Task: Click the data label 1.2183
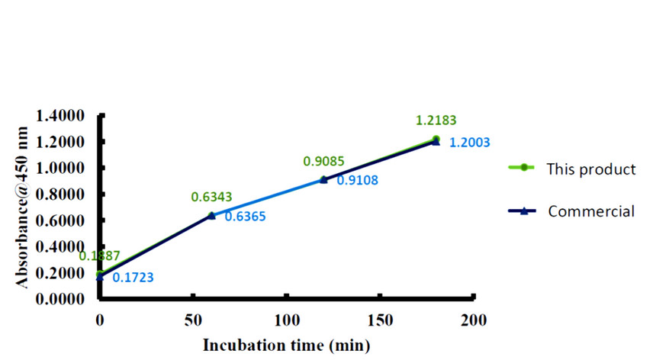pyautogui.click(x=436, y=121)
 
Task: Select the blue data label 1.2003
pyautogui.click(x=469, y=142)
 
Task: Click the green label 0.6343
pyautogui.click(x=211, y=198)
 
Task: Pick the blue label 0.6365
pyautogui.click(x=244, y=217)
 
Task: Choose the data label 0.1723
pyautogui.click(x=133, y=278)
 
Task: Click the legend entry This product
pyautogui.click(x=590, y=169)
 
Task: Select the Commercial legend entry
pyautogui.click(x=590, y=211)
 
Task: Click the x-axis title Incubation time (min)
pyautogui.click(x=286, y=345)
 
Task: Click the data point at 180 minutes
pyautogui.click(x=436, y=140)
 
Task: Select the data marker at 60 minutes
pyautogui.click(x=211, y=216)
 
